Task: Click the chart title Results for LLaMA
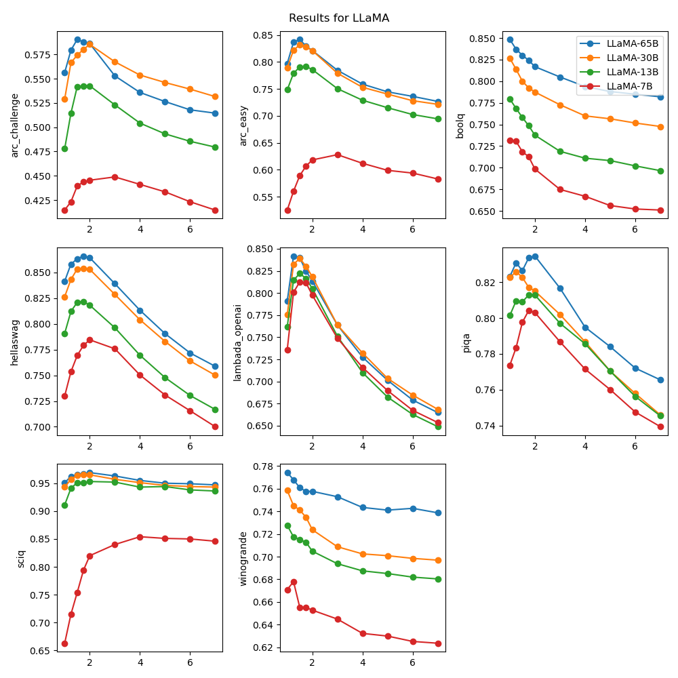pyautogui.click(x=339, y=18)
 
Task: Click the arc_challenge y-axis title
pyautogui.click(x=15, y=125)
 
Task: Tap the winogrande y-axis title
pyautogui.click(x=243, y=558)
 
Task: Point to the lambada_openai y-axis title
pyautogui.click(x=237, y=342)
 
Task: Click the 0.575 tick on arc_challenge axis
pyautogui.click(x=38, y=54)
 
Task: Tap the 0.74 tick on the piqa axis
pyautogui.click(x=487, y=426)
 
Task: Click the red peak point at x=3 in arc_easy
pyautogui.click(x=338, y=155)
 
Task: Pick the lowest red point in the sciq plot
pyautogui.click(x=64, y=643)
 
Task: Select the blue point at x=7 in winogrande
pyautogui.click(x=438, y=513)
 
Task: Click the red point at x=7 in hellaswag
pyautogui.click(x=215, y=426)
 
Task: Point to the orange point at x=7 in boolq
pyautogui.click(x=660, y=127)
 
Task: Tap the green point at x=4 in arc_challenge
pyautogui.click(x=140, y=123)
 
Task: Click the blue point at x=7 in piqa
pyautogui.click(x=660, y=380)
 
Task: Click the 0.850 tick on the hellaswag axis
pyautogui.click(x=38, y=273)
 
